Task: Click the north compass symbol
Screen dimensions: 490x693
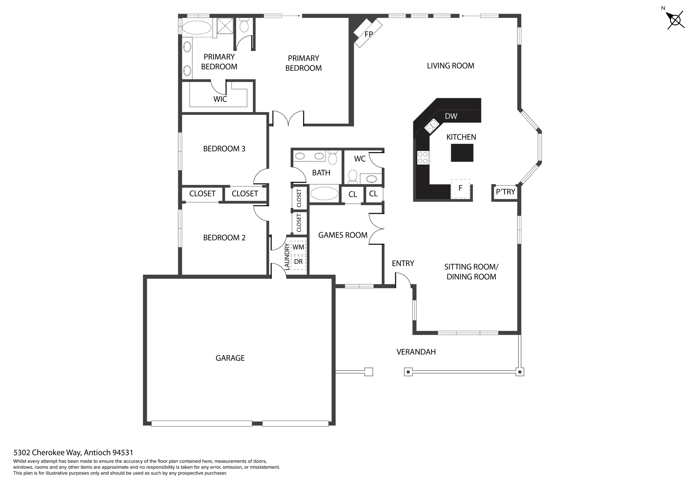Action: [675, 20]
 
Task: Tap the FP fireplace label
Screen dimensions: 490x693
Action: [368, 34]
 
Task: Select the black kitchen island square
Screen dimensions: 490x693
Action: [462, 153]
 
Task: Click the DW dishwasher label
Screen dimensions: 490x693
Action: [451, 116]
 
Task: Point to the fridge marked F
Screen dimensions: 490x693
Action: [460, 188]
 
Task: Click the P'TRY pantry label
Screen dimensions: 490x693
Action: [505, 192]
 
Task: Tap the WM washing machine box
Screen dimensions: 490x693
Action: [298, 247]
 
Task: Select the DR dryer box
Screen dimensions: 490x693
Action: [298, 262]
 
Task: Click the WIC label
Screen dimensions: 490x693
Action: [220, 99]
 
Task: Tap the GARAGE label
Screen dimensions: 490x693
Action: [230, 358]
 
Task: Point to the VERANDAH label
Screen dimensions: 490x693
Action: [416, 352]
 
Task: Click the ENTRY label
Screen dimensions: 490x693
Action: [403, 263]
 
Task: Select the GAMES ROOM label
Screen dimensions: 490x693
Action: [342, 235]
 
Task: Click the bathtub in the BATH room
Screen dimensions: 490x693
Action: [324, 194]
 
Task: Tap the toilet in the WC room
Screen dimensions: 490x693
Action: [353, 175]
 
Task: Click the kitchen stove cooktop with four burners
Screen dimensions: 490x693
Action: [423, 158]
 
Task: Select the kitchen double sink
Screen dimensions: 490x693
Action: [432, 126]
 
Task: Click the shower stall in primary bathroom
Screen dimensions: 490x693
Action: [225, 26]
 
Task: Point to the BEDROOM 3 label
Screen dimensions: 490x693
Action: [224, 149]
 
